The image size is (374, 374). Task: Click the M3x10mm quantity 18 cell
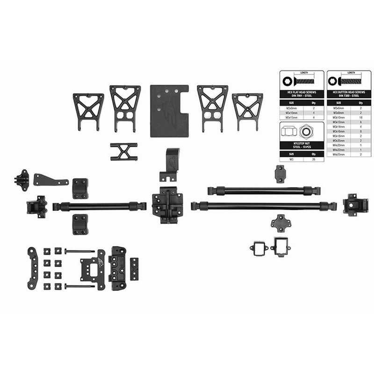coord(360,117)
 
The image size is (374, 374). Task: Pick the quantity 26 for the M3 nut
coord(313,159)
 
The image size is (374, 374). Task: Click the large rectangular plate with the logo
coord(168,110)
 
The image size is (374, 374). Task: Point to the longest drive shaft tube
coord(264,204)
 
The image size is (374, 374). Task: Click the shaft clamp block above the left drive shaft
coord(81,187)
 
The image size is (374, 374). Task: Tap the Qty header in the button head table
coord(360,102)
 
